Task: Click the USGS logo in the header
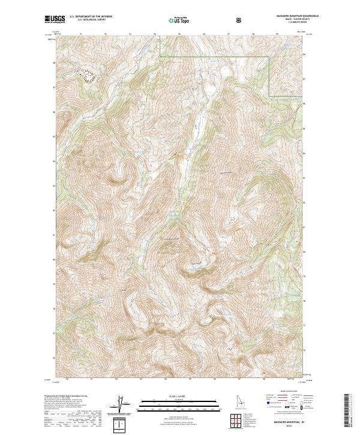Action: (x=55, y=19)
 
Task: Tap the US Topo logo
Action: (x=179, y=20)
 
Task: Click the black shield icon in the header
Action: (x=239, y=20)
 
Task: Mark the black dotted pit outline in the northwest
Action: (x=90, y=74)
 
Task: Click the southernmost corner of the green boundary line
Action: (x=268, y=95)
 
